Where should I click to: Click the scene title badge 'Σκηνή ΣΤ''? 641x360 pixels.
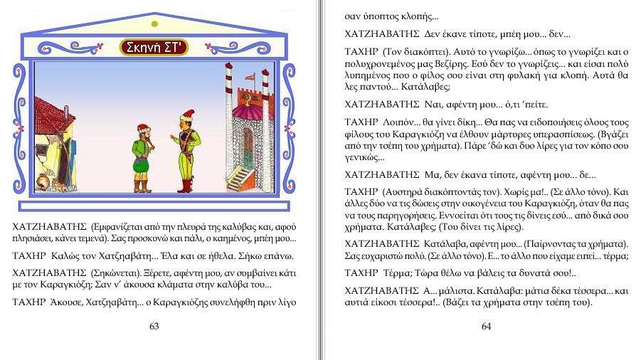(153, 48)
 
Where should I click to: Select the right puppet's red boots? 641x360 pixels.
(186, 184)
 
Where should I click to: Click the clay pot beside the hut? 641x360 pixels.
(43, 181)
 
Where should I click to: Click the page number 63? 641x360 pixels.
(154, 327)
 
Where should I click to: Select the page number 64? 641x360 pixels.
(487, 327)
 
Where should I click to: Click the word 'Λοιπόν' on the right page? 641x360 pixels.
(398, 121)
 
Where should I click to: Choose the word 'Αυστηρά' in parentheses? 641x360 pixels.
(406, 192)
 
